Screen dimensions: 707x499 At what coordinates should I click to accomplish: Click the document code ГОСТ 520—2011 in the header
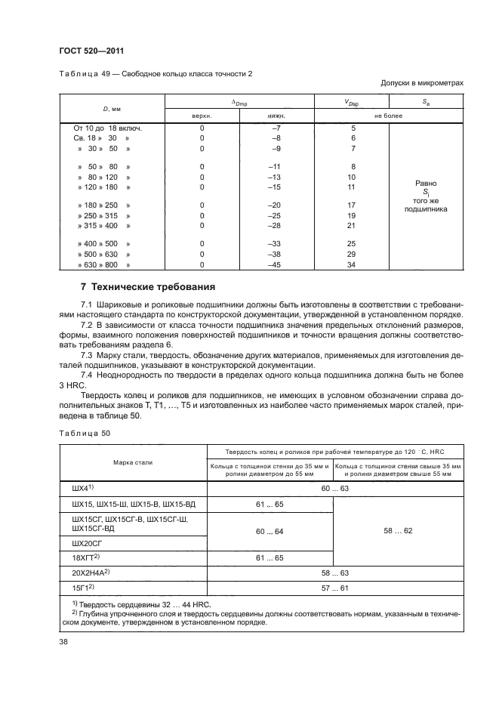point(92,51)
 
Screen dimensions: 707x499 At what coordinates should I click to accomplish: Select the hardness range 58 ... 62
point(398,531)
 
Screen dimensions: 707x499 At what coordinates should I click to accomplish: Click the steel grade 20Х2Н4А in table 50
point(92,573)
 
